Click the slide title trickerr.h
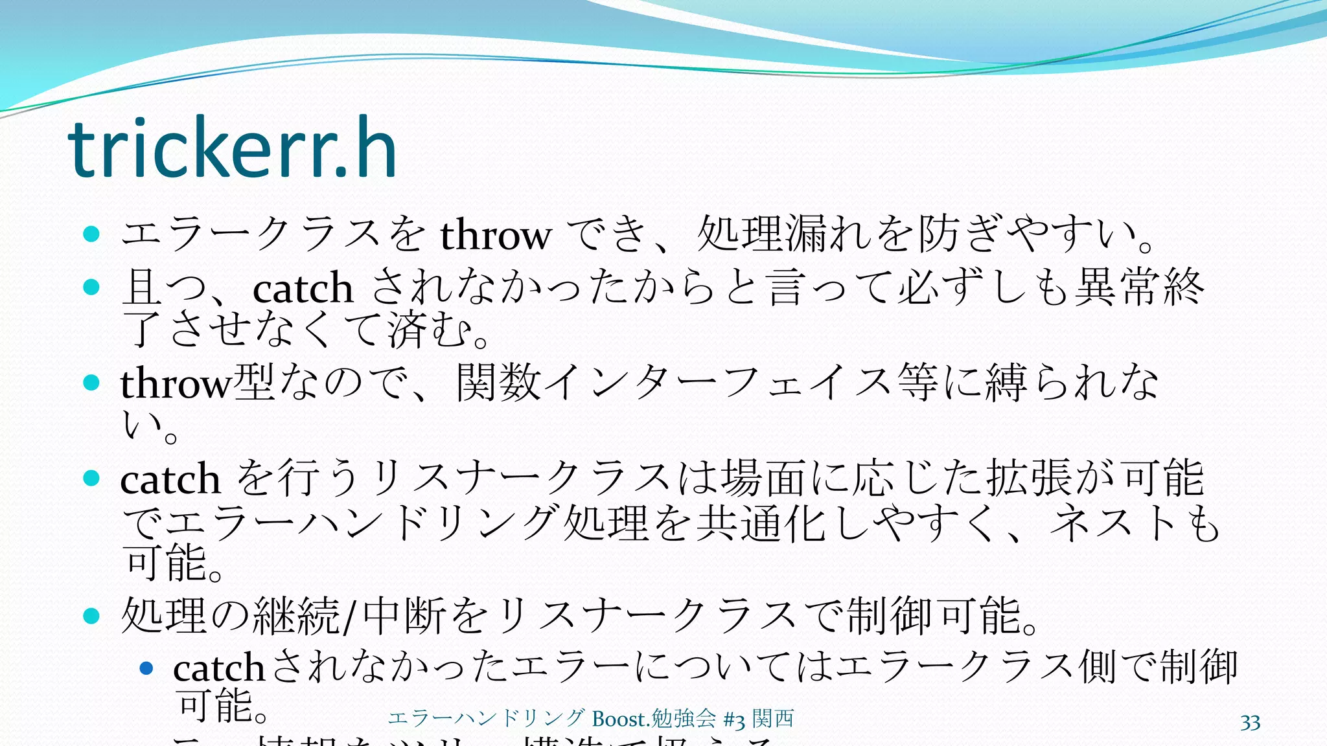(x=232, y=149)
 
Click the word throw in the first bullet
(x=496, y=234)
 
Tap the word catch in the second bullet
(x=303, y=289)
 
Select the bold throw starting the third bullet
(x=176, y=383)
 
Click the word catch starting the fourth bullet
(x=170, y=480)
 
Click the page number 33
(x=1250, y=723)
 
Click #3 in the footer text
(x=734, y=719)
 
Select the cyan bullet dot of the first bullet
(x=91, y=234)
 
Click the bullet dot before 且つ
(x=91, y=287)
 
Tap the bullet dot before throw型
(x=91, y=382)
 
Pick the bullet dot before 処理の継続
(x=91, y=616)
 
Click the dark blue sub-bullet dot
(x=146, y=668)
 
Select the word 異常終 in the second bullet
(x=1139, y=288)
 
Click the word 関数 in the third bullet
(x=499, y=383)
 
